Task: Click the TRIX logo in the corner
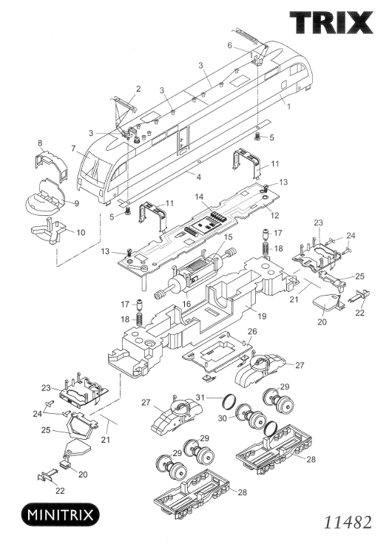click(x=331, y=22)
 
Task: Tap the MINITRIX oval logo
click(x=61, y=515)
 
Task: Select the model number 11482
click(x=348, y=523)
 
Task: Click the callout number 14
click(x=200, y=197)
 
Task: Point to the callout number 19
click(x=262, y=316)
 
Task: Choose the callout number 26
click(x=252, y=332)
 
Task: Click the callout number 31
click(x=200, y=397)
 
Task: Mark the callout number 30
click(x=223, y=418)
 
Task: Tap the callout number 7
click(x=73, y=149)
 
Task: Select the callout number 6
click(x=230, y=46)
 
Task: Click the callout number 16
click(x=187, y=304)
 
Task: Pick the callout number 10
click(x=81, y=233)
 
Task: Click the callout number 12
click(x=274, y=216)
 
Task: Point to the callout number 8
click(x=40, y=143)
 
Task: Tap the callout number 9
click(x=77, y=203)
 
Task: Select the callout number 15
click(x=228, y=237)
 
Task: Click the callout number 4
click(x=199, y=177)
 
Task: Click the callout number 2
click(x=138, y=89)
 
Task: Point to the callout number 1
click(x=288, y=106)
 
